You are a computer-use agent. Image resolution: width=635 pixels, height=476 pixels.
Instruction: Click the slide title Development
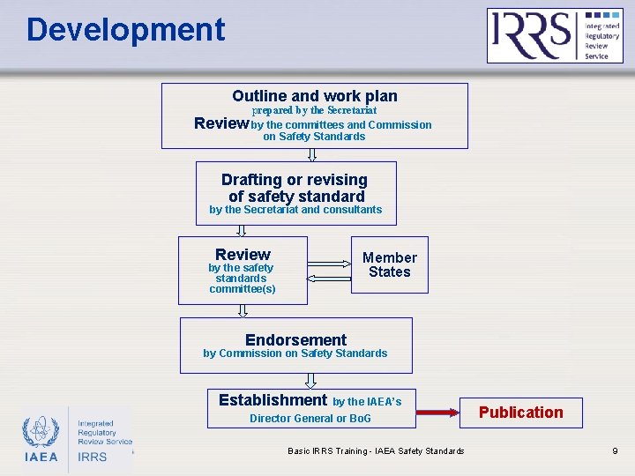[125, 30]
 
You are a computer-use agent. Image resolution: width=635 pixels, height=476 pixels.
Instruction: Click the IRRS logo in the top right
[555, 35]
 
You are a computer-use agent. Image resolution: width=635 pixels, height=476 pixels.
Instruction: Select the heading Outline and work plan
[315, 96]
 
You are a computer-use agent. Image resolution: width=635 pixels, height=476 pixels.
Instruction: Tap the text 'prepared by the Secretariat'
[315, 110]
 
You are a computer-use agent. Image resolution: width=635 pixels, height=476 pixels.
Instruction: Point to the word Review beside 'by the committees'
[220, 123]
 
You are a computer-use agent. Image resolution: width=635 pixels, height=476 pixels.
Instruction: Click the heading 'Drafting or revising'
[295, 180]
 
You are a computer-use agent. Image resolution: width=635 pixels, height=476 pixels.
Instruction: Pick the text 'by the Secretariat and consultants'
[295, 210]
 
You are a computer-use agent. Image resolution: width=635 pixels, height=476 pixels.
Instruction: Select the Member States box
[389, 264]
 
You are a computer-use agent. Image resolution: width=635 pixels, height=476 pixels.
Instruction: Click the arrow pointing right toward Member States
[329, 261]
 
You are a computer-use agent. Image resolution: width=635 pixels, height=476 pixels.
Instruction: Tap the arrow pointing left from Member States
[329, 276]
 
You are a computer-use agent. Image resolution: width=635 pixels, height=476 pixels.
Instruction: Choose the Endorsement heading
[295, 339]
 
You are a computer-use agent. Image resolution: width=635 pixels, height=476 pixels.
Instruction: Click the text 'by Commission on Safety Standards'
[295, 353]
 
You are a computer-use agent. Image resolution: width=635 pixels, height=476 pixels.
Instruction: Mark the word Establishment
[273, 400]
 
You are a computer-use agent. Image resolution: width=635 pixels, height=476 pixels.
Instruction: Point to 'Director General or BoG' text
[310, 419]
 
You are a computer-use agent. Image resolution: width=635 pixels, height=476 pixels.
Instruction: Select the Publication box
[520, 412]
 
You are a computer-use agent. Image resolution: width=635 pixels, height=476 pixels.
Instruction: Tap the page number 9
[615, 451]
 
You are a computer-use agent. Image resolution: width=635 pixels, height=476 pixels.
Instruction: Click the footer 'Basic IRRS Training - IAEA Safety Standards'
[376, 451]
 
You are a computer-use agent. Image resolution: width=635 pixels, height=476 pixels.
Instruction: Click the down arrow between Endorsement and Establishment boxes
[310, 380]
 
